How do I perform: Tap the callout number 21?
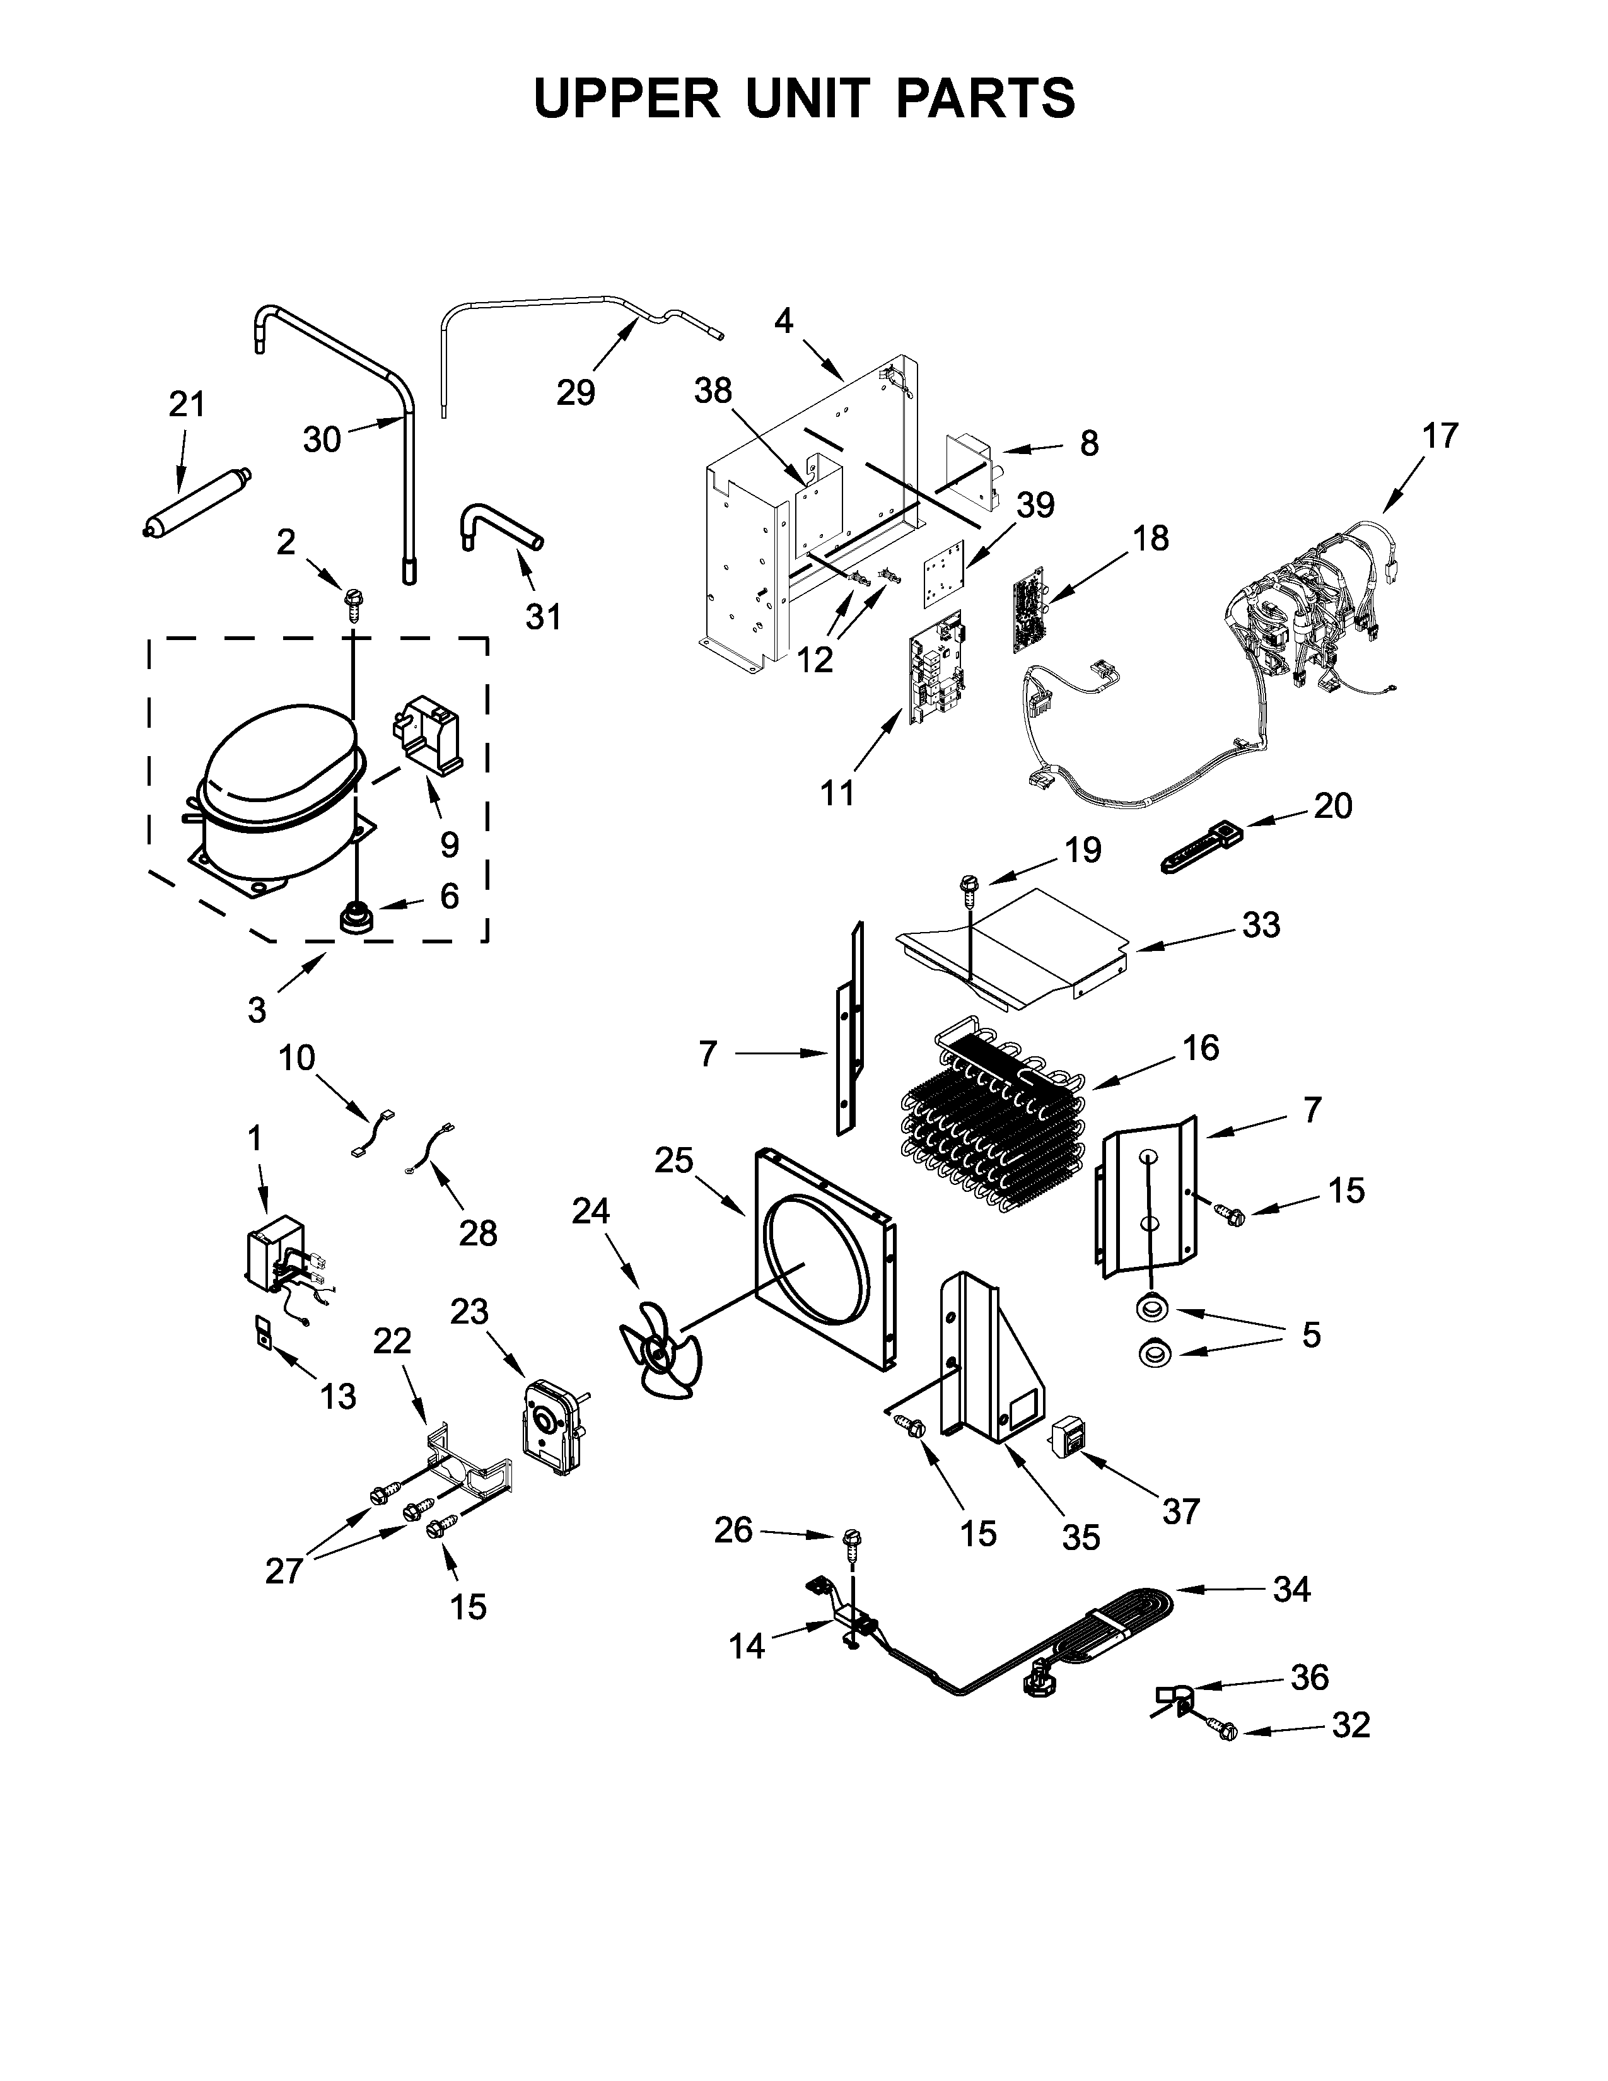[x=187, y=404]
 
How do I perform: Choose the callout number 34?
[x=1291, y=1589]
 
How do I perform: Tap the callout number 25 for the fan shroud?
[x=673, y=1160]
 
